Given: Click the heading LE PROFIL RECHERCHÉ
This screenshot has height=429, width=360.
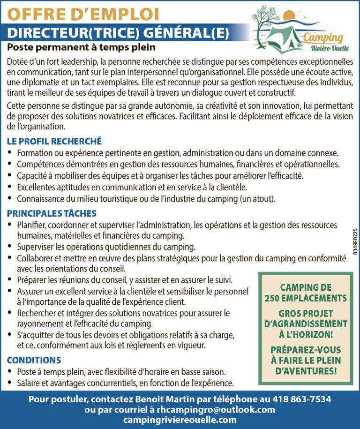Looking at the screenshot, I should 54,141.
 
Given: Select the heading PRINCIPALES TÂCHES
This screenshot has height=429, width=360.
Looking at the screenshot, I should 52,213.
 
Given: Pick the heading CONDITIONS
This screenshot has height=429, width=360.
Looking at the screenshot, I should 34,360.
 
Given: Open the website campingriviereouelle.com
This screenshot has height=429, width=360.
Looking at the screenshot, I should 180,420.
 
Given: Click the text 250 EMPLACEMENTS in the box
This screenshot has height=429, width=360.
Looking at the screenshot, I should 306,298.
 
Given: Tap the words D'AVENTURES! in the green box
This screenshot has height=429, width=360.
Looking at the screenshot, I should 305,371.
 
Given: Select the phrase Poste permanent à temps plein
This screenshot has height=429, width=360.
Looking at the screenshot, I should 81,47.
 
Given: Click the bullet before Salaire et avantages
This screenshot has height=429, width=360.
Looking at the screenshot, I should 10,383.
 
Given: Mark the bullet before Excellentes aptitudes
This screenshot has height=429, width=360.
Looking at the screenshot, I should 10,187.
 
